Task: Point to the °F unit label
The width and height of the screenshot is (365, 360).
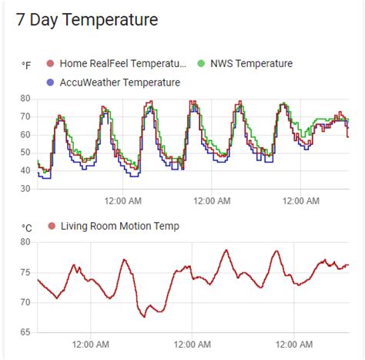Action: point(26,66)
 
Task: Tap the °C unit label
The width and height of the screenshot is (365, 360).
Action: point(26,227)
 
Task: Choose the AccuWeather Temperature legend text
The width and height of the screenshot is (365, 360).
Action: point(120,82)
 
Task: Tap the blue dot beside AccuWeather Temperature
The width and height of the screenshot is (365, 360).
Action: point(51,82)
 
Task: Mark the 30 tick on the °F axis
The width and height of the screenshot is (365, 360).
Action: point(25,188)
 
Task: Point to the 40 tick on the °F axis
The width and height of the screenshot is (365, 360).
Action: point(25,170)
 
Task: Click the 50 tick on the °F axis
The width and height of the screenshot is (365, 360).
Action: point(25,153)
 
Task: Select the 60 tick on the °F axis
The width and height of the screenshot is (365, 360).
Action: point(25,134)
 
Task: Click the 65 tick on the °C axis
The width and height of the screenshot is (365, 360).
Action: point(25,332)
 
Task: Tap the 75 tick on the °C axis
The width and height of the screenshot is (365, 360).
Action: point(25,272)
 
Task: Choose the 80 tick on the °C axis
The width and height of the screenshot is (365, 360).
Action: point(25,242)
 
